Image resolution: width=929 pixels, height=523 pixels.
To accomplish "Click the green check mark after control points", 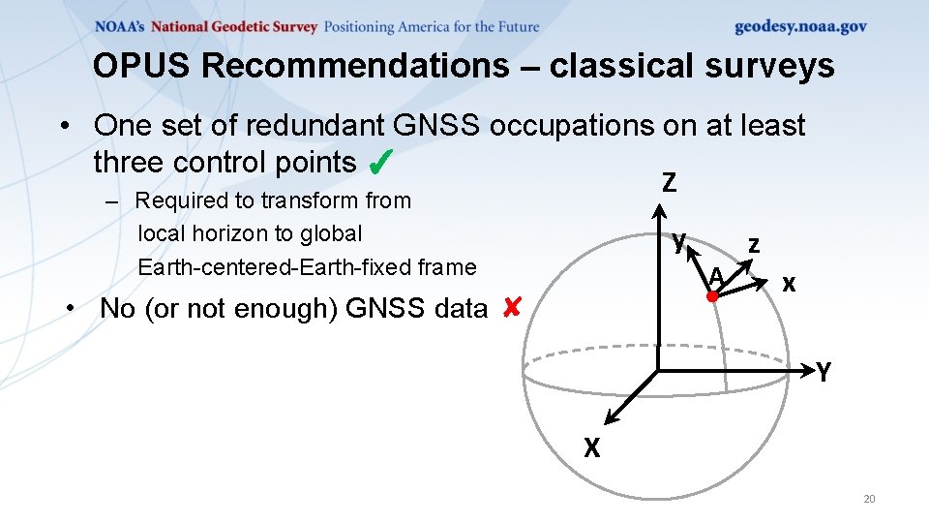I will point(380,163).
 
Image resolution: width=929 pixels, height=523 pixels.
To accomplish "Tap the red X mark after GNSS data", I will point(512,308).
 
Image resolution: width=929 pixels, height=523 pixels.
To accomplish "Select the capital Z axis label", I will point(669,182).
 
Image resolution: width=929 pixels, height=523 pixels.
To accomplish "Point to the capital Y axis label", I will point(823,371).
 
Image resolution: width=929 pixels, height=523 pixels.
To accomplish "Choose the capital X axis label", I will point(591,447).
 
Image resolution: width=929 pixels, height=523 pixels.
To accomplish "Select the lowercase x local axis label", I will point(789,284).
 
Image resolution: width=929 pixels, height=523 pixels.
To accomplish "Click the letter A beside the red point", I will point(715,277).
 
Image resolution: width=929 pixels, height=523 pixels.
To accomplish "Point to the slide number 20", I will point(868,499).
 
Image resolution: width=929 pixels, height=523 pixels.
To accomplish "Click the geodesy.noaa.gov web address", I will point(800,27).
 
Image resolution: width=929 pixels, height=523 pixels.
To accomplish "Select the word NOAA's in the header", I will point(120,27).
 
